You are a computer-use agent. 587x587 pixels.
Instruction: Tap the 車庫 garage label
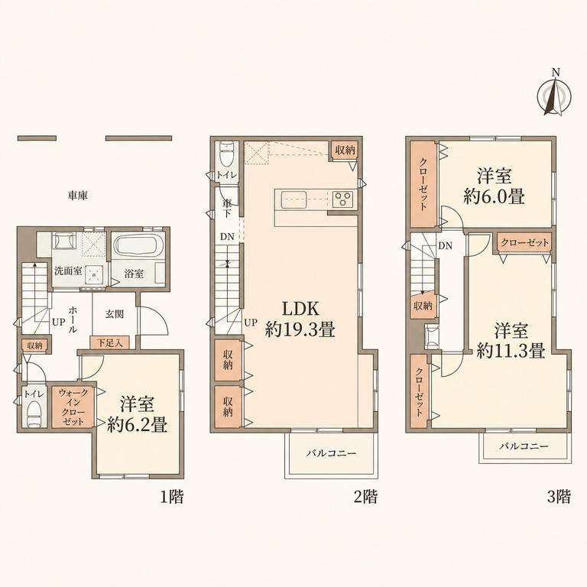78,196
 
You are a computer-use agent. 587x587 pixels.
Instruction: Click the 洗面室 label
68,271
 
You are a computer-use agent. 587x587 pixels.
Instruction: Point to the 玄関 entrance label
114,313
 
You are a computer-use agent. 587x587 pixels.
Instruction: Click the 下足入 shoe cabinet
110,342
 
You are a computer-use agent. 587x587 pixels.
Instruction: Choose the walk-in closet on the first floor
73,407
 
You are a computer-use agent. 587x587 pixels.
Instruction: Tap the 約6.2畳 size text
137,425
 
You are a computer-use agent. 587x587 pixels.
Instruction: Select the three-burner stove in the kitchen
342,199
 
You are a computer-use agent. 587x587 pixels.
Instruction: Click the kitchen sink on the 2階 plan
293,199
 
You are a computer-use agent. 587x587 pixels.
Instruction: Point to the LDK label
300,309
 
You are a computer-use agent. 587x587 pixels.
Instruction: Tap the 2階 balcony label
331,453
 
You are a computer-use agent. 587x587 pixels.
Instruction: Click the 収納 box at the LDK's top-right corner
345,151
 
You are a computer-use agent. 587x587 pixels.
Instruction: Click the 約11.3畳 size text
511,351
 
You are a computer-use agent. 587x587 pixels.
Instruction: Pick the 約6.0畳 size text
494,196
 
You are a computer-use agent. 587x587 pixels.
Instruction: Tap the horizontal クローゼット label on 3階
524,242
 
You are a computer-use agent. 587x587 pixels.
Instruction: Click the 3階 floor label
559,497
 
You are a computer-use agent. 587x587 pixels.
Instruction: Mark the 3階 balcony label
524,446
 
